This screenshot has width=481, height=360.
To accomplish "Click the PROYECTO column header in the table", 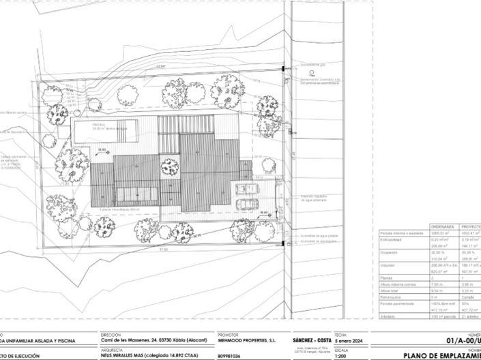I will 471,226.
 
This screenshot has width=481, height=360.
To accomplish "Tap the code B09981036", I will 229,356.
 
